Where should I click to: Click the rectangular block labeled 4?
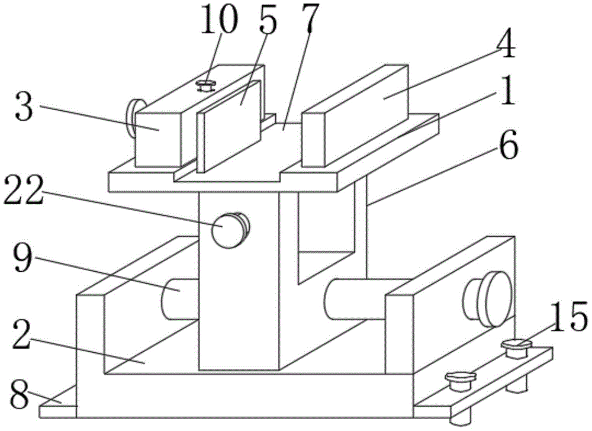(x=355, y=112)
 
